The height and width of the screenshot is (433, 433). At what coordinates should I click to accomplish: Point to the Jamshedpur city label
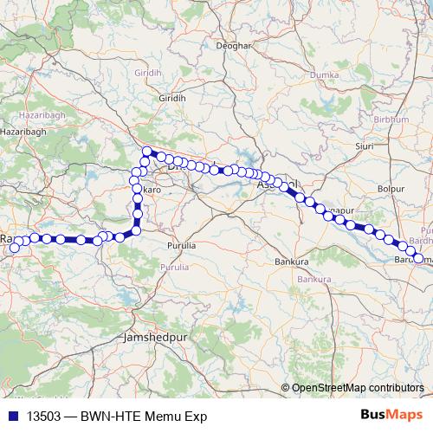coord(150,334)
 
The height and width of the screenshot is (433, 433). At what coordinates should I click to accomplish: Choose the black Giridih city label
coord(172,100)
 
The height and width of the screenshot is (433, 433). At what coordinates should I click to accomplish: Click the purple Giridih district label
coord(148,74)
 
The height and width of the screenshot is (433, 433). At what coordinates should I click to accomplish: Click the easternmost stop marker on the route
coord(419,258)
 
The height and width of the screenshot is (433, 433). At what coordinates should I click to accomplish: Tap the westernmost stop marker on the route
coord(14,249)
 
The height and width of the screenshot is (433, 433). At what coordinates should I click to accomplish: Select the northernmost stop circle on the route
coord(147,152)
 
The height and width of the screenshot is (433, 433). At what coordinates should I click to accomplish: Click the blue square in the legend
coord(14,416)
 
